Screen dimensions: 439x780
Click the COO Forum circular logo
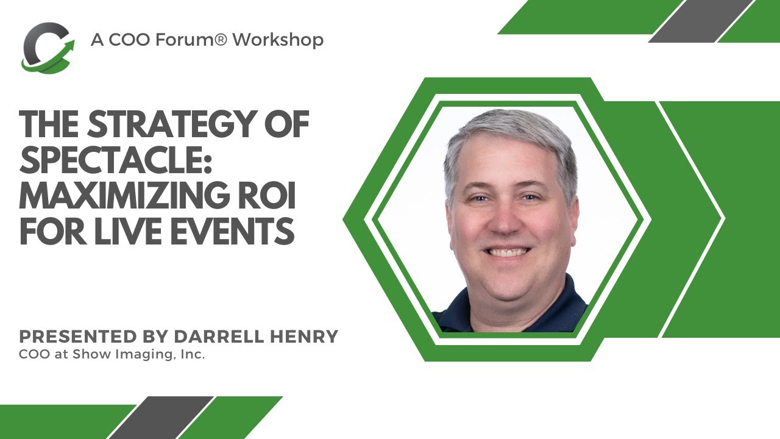(x=48, y=48)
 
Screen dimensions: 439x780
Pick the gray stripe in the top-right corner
(x=701, y=21)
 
